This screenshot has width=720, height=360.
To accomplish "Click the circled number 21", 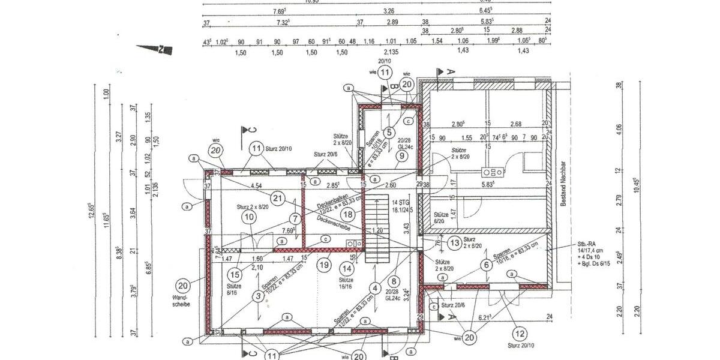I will (x=277, y=198).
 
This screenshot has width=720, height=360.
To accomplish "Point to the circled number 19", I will (x=325, y=263).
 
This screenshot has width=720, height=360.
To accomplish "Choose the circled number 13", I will (x=454, y=242).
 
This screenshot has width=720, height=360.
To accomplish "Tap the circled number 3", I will (x=258, y=296).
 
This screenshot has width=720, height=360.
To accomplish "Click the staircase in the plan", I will (x=377, y=232).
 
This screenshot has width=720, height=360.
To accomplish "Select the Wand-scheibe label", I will (x=181, y=301).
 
